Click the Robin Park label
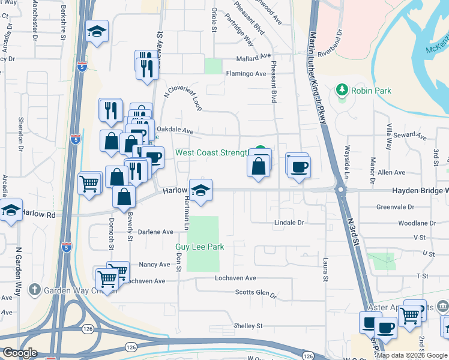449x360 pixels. pos(372,91)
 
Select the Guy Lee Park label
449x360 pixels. pos(199,247)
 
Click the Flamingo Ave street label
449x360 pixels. pos(246,74)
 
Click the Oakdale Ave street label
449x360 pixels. pos(175,130)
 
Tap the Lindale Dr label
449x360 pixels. pos(289,223)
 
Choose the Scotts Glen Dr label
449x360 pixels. pos(255,294)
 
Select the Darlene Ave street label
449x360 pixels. pos(155,232)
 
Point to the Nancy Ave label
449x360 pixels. pos(154,265)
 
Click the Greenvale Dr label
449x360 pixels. pos(395,207)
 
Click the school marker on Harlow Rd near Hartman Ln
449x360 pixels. pos(200,191)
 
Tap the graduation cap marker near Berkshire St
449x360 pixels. pos(96,31)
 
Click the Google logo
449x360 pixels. pos(19,353)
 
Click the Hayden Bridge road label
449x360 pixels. pos(420,191)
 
